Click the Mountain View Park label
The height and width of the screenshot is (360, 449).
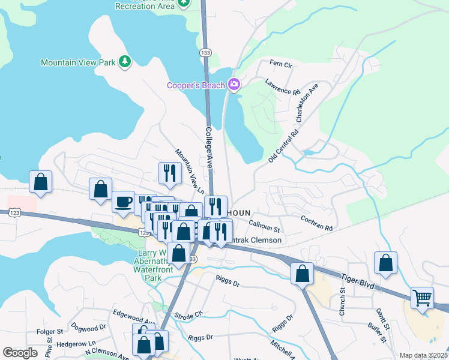(x=79, y=62)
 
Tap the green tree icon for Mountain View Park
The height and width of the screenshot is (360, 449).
(x=125, y=62)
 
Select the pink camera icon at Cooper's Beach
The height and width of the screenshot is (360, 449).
(x=234, y=85)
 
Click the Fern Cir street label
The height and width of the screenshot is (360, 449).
(x=280, y=63)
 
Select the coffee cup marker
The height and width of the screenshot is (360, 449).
(x=123, y=202)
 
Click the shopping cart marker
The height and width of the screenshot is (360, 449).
(x=423, y=297)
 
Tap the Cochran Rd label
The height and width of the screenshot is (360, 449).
(x=316, y=224)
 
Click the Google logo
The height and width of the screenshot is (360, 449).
(x=20, y=353)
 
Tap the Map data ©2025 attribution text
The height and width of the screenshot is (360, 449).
(x=423, y=355)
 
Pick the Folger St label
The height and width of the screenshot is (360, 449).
(x=50, y=331)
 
